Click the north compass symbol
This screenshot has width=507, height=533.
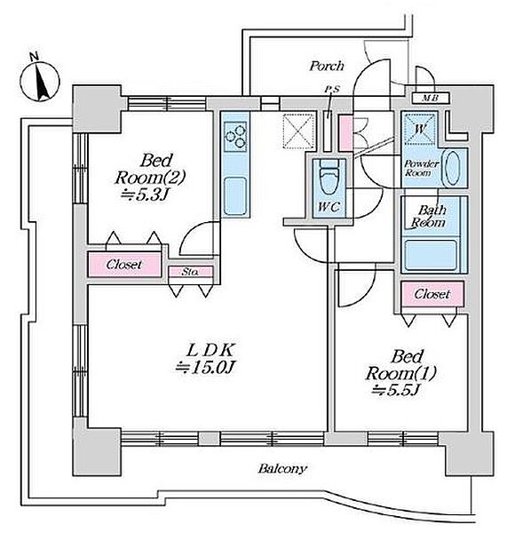point(40,80)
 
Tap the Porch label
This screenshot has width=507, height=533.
point(327,66)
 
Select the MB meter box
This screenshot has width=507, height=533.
point(431,99)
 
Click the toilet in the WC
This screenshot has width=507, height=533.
point(329,178)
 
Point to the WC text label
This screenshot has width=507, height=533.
point(329,207)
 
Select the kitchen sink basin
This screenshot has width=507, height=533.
point(235,195)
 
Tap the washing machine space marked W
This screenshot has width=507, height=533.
point(420,129)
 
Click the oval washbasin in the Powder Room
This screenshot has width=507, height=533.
point(452,168)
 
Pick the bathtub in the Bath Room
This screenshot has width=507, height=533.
point(432,255)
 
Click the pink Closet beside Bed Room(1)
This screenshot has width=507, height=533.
point(432,294)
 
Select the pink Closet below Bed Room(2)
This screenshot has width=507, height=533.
point(124,264)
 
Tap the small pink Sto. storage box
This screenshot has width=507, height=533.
point(191,272)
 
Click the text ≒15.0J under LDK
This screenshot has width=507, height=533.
point(205,367)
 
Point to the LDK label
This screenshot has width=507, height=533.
point(210,350)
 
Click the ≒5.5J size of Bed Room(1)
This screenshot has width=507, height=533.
point(394,390)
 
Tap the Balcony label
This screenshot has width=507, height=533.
point(282,469)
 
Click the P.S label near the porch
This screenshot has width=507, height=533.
point(332,90)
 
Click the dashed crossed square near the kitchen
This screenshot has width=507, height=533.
point(298,131)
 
